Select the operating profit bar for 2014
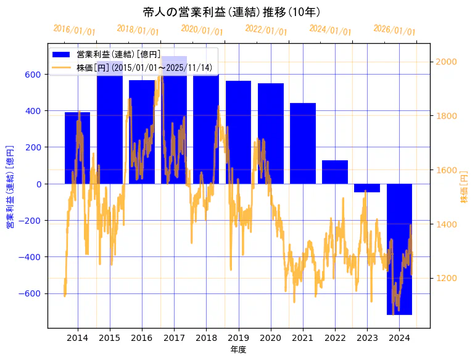click(x=78, y=148)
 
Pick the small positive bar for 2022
click(x=335, y=172)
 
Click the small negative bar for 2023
click(x=367, y=188)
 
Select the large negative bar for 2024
click(x=399, y=249)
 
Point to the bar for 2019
click(x=238, y=132)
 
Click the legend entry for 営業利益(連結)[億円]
click(x=117, y=54)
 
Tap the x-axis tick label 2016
click(x=142, y=338)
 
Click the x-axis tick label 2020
click(x=271, y=338)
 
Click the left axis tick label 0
click(x=38, y=184)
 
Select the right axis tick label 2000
click(x=446, y=62)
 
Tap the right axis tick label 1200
click(x=446, y=278)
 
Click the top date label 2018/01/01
click(x=138, y=30)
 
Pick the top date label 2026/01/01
click(x=394, y=30)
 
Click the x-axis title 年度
click(x=238, y=350)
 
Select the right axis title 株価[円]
click(x=464, y=188)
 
